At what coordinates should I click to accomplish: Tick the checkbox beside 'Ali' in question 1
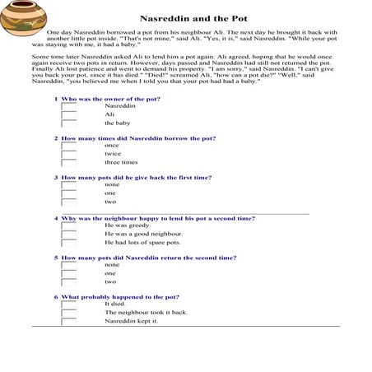(69, 114)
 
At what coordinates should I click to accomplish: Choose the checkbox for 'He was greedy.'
(69, 226)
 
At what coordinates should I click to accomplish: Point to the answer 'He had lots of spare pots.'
(142, 243)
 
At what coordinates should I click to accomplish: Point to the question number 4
(56, 218)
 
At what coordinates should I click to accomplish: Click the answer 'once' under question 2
(112, 145)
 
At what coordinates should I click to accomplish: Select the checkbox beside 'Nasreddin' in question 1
(69, 106)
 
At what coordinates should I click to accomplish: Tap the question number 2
(56, 138)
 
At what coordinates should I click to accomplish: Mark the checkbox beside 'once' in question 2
(69, 146)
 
